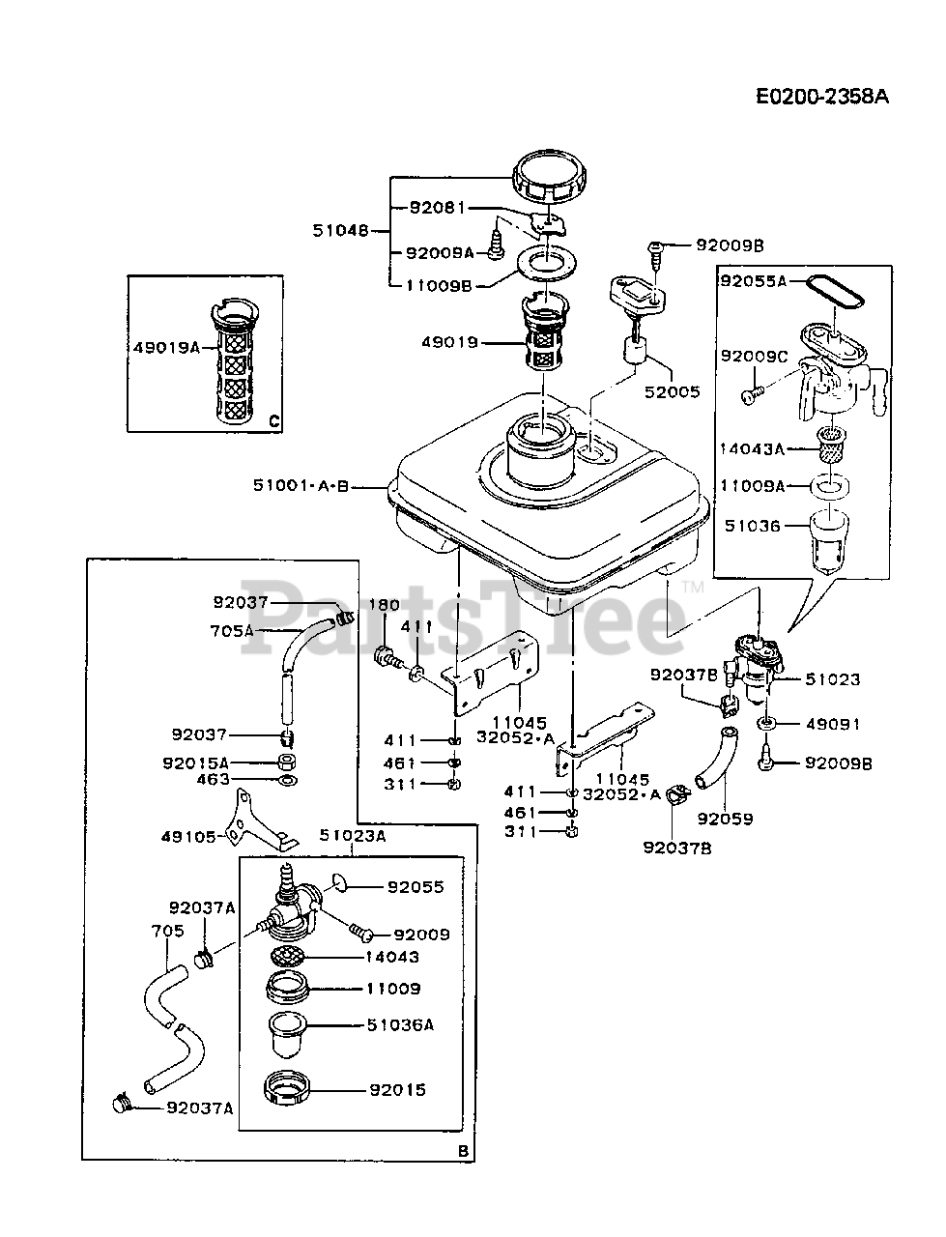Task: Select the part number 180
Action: pyautogui.click(x=384, y=605)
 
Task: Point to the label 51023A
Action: pyautogui.click(x=353, y=836)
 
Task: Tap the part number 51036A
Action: pyautogui.click(x=400, y=1025)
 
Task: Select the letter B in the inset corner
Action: pyautogui.click(x=463, y=1150)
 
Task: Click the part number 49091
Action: pyautogui.click(x=834, y=724)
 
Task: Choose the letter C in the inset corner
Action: pyautogui.click(x=273, y=421)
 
